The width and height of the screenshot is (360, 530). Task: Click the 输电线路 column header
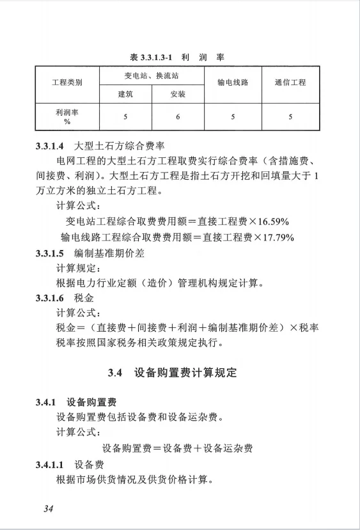[233, 83]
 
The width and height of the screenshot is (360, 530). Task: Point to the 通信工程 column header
[290, 83]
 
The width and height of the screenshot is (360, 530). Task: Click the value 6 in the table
[178, 116]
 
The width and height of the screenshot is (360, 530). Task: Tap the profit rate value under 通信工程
[290, 116]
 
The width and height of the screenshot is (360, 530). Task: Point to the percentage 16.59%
[272, 222]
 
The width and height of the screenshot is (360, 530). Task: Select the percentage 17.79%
[276, 237]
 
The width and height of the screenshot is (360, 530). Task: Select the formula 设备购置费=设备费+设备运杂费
[177, 448]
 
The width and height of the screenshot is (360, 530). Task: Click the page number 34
[48, 509]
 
